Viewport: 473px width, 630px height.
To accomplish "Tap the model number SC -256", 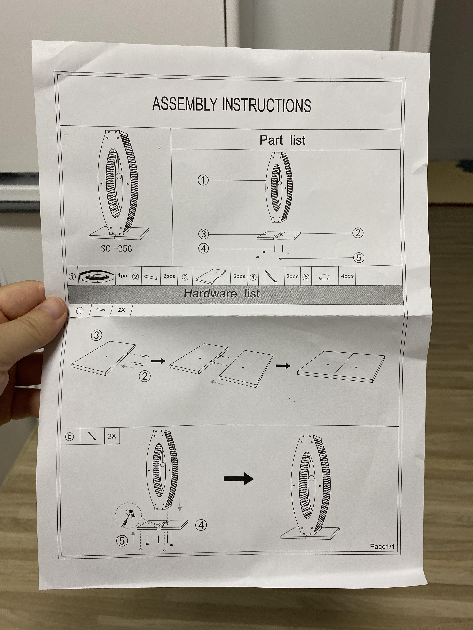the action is click(x=116, y=249).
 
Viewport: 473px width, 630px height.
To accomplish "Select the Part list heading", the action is click(x=282, y=140).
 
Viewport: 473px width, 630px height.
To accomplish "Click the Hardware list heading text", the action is click(x=221, y=293).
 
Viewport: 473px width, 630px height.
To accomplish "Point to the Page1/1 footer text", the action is click(x=382, y=547).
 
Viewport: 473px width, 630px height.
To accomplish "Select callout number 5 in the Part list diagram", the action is click(x=359, y=258).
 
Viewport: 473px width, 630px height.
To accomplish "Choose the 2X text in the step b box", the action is click(x=112, y=436).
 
